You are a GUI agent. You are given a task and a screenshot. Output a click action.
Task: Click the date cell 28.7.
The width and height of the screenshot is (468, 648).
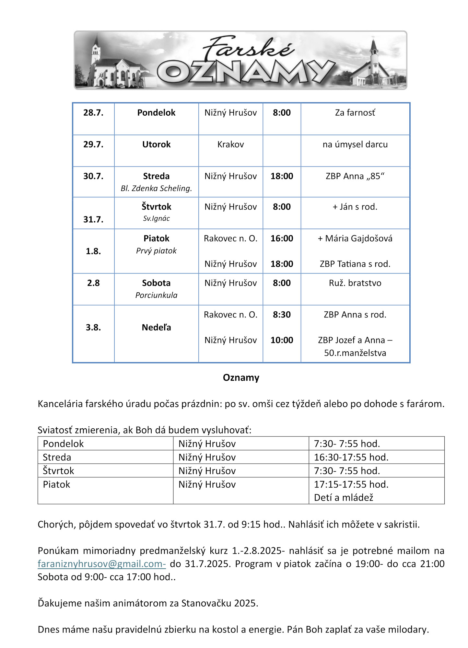tap(93, 113)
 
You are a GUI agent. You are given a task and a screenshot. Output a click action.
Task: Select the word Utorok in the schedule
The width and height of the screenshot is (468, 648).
tap(156, 145)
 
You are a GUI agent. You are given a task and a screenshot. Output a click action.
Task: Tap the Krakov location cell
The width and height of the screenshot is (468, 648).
tap(230, 145)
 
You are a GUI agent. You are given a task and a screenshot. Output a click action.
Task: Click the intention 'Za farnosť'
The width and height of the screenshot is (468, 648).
tap(355, 113)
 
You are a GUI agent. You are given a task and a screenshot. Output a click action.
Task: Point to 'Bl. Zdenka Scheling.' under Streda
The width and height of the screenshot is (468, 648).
tap(156, 189)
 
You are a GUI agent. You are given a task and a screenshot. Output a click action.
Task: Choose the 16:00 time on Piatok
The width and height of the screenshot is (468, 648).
tap(282, 238)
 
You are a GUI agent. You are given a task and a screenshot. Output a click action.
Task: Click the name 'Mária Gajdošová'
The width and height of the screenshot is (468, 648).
tap(358, 238)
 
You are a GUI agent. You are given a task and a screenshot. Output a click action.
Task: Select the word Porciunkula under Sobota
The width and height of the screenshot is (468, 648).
tap(156, 295)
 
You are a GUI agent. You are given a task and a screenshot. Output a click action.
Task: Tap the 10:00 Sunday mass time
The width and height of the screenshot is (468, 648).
tap(282, 340)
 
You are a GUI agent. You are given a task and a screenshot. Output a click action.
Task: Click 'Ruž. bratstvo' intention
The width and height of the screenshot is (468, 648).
tap(355, 283)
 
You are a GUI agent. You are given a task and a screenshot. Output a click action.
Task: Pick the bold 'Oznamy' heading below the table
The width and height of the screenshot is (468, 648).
tap(241, 378)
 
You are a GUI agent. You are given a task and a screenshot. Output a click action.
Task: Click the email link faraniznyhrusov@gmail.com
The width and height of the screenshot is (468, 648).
tap(101, 564)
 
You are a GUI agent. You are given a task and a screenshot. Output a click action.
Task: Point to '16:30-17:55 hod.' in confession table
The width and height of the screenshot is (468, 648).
tap(351, 457)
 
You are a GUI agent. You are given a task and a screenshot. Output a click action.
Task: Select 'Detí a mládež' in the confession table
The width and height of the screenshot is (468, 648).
tap(344, 498)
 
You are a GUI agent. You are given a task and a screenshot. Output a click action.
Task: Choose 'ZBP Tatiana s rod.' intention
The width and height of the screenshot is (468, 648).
tap(355, 264)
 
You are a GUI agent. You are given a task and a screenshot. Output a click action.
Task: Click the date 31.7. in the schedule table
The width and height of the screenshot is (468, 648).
tap(93, 220)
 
